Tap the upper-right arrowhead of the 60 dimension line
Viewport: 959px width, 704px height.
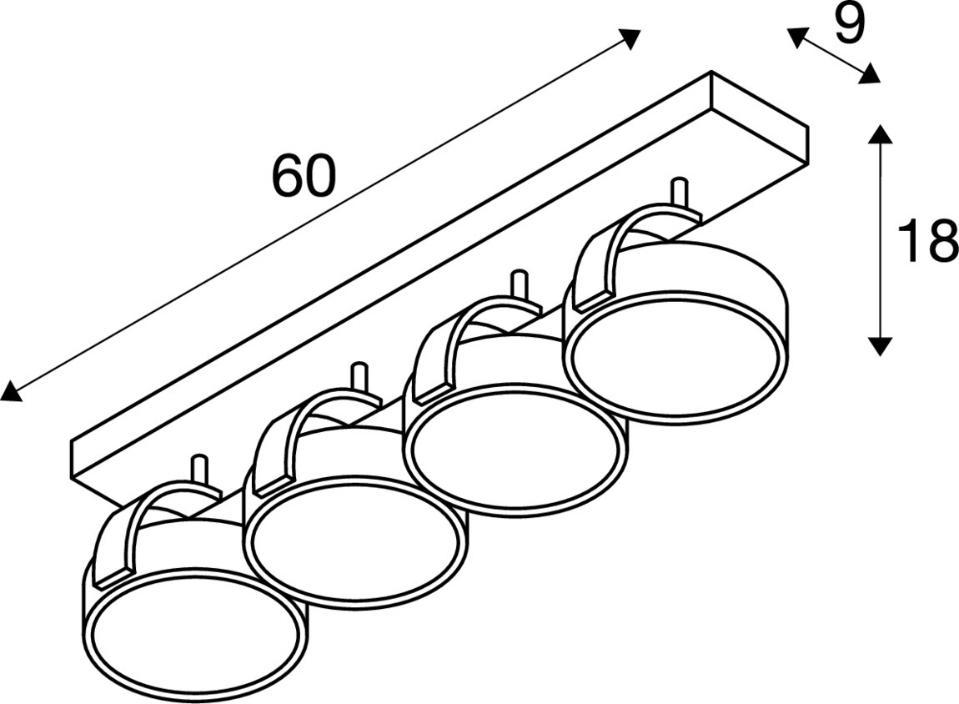(630, 38)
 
